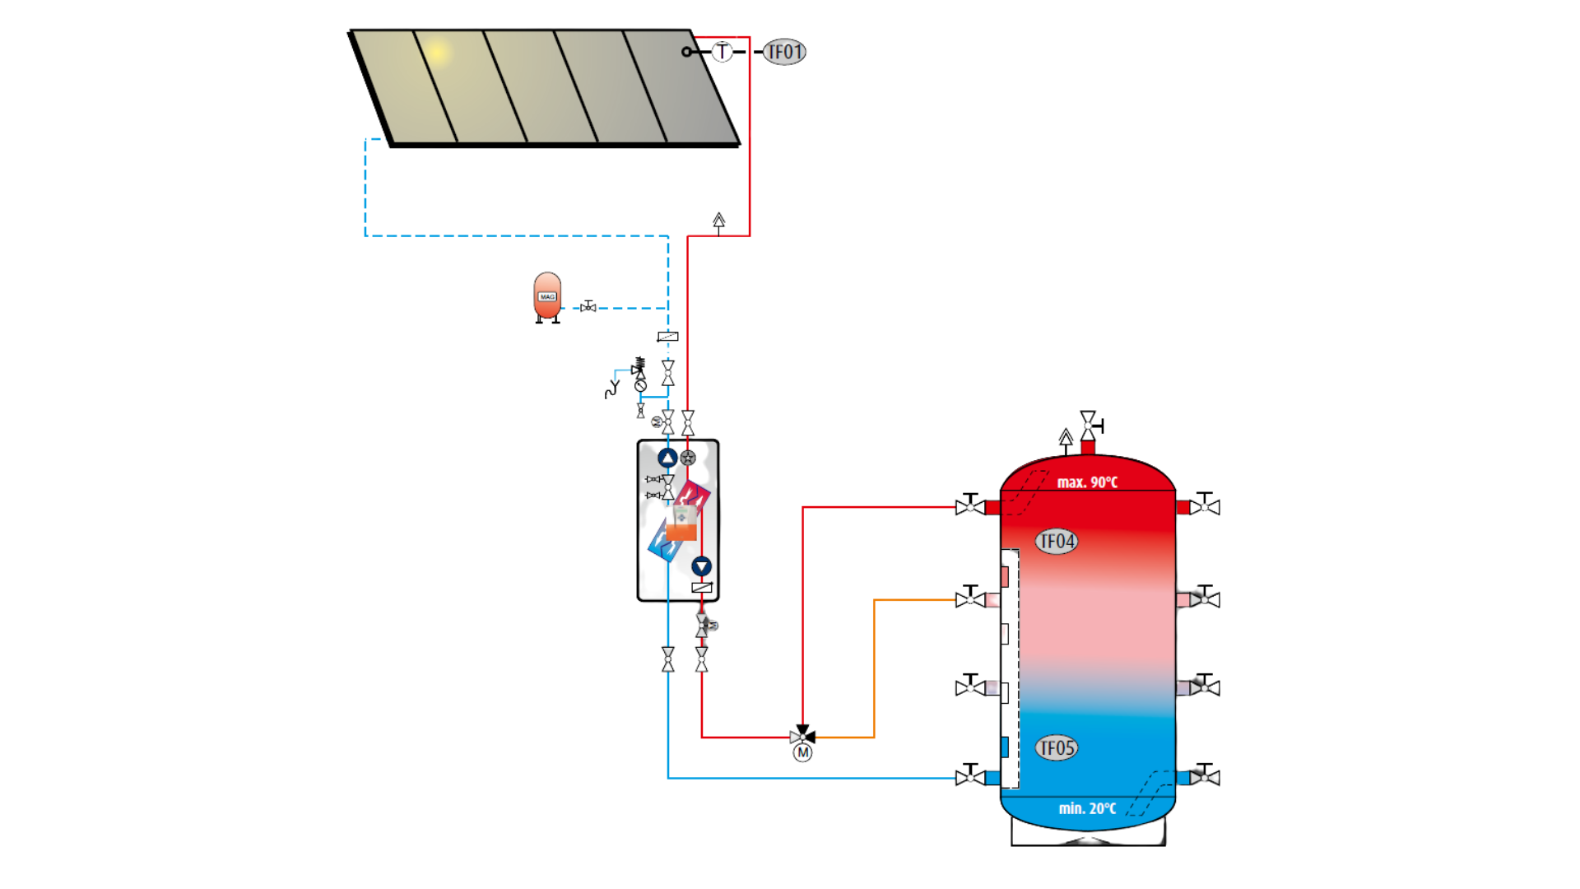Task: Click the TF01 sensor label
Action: pyautogui.click(x=784, y=52)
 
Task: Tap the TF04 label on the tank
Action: pyautogui.click(x=1057, y=541)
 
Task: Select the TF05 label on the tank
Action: pyautogui.click(x=1057, y=747)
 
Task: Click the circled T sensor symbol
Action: pyautogui.click(x=722, y=52)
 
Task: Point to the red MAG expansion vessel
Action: pyautogui.click(x=547, y=296)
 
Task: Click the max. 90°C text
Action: pyautogui.click(x=1087, y=482)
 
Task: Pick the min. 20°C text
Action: pyautogui.click(x=1087, y=808)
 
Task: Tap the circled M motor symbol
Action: pyautogui.click(x=802, y=752)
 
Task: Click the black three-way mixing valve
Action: pyautogui.click(x=802, y=735)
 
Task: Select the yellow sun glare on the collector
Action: pyautogui.click(x=438, y=53)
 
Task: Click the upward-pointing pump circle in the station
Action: pyautogui.click(x=667, y=458)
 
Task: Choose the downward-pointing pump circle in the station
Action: pyautogui.click(x=701, y=566)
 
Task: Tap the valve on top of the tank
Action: pyautogui.click(x=1089, y=425)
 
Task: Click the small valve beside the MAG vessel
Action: pyautogui.click(x=588, y=307)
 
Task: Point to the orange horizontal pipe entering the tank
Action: pyautogui.click(x=913, y=600)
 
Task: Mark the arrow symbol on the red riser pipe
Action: pyautogui.click(x=718, y=221)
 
